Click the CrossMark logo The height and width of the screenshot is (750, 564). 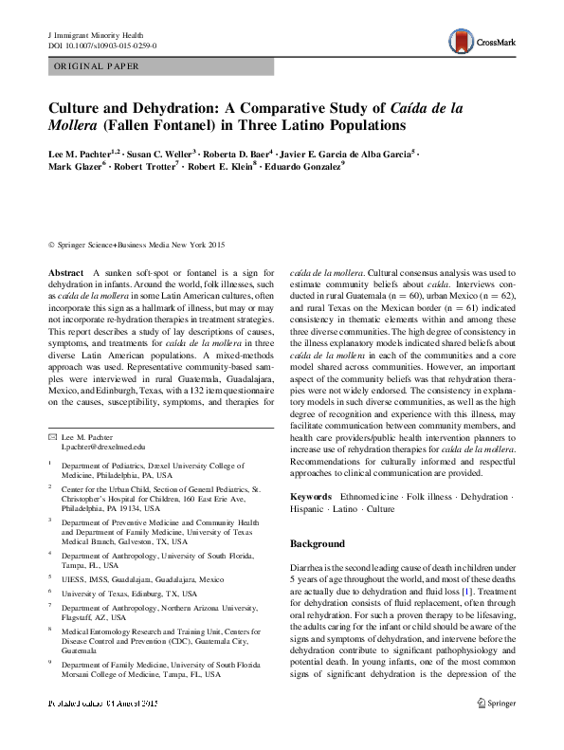pyautogui.click(x=479, y=39)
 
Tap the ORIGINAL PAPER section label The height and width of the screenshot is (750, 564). pyautogui.click(x=98, y=66)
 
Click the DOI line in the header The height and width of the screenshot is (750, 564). pyautogui.click(x=102, y=45)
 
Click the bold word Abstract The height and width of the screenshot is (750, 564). pyautogui.click(x=65, y=272)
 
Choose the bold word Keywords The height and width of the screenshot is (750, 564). pyautogui.click(x=310, y=496)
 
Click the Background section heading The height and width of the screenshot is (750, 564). pyautogui.click(x=317, y=544)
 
